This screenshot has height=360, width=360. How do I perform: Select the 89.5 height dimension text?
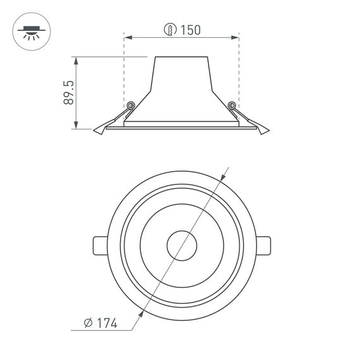tap(69, 92)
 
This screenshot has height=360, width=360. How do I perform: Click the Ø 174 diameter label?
tap(101, 323)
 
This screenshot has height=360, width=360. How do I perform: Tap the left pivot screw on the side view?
tap(131, 105)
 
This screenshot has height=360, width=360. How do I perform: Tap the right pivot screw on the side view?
tap(232, 105)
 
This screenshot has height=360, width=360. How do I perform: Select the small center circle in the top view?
tap(181, 244)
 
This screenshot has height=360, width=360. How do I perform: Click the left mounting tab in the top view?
tap(101, 244)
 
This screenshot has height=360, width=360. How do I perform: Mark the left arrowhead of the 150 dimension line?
tap(127, 38)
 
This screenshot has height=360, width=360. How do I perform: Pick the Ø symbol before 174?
tap(89, 323)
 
